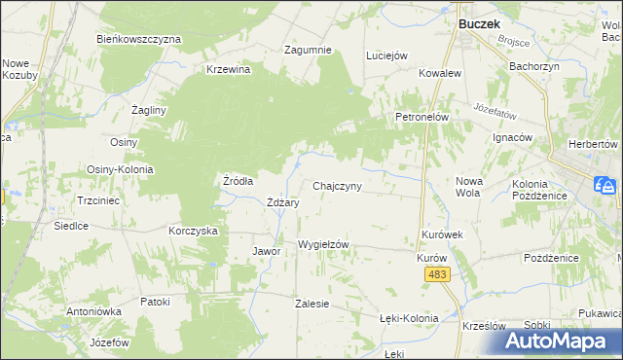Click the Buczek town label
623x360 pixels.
click(x=478, y=19)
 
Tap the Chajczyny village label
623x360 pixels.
click(x=338, y=186)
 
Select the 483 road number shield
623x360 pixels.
click(x=437, y=277)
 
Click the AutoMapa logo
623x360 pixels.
click(x=564, y=340)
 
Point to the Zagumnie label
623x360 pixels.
click(x=308, y=50)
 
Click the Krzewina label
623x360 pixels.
click(x=229, y=69)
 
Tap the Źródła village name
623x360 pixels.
click(x=238, y=180)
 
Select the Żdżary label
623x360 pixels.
click(x=282, y=202)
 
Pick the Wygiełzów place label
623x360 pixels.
click(x=322, y=244)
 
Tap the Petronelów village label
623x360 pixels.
click(x=421, y=117)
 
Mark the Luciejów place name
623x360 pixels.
click(x=385, y=56)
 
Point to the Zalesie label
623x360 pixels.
click(x=311, y=304)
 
